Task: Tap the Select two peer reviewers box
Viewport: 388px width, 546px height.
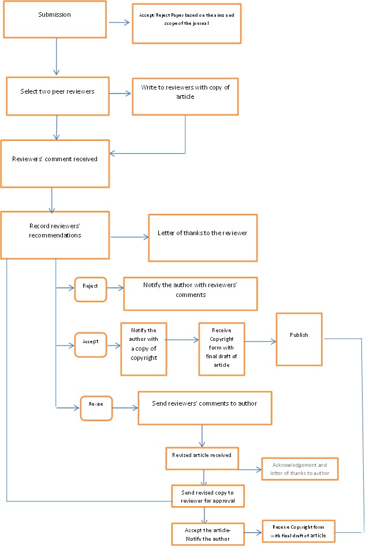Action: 58,95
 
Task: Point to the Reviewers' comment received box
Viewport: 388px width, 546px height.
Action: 55,163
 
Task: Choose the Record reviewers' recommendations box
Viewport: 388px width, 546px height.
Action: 55,235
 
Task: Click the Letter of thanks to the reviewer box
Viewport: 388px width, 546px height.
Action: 202,237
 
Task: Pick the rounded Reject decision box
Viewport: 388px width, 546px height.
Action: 91,289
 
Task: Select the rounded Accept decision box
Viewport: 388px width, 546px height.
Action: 91,345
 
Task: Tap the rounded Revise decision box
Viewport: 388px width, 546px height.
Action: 96,408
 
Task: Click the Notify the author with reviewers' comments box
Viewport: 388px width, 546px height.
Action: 190,294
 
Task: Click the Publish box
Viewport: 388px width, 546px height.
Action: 299,339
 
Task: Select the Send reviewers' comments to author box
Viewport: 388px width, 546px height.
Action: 204,408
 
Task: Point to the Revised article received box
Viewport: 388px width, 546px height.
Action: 202,456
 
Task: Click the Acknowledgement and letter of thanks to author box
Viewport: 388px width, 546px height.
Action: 299,469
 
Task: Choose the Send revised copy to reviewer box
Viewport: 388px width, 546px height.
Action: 208,495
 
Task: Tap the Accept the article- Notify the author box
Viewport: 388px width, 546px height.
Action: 208,534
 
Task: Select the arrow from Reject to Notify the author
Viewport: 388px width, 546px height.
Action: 115,287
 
